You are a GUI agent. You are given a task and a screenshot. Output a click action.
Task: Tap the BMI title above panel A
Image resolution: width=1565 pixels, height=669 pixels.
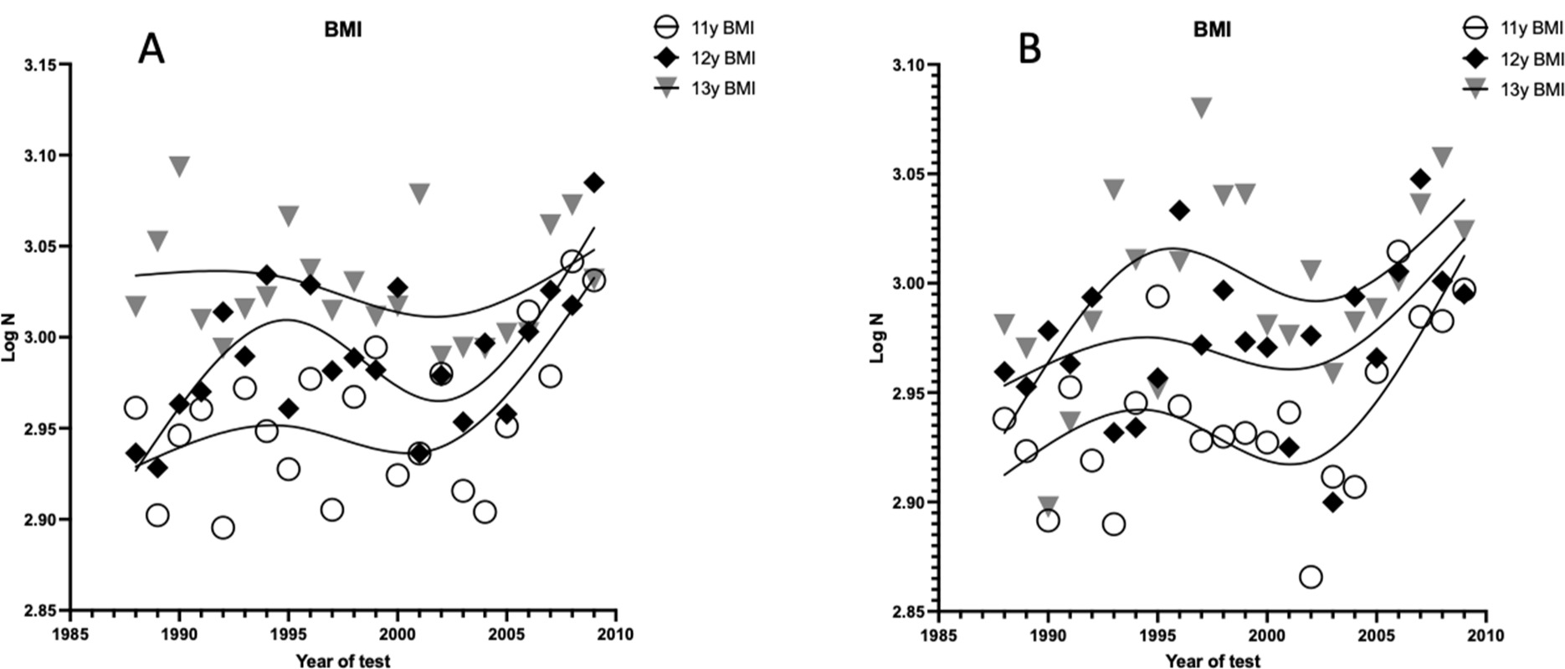click(343, 31)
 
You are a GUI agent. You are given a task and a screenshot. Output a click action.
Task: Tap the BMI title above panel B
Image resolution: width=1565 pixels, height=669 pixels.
click(1212, 31)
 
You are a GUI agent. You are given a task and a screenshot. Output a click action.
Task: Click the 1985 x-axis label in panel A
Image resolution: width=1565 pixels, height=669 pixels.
click(70, 635)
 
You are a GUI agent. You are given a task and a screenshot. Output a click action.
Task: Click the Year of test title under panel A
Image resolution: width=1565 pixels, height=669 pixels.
click(343, 661)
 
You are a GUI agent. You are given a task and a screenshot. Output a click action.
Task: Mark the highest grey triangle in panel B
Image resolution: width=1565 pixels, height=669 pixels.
click(1202, 107)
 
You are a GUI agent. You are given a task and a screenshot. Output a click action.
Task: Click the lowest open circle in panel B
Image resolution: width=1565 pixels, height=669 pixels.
click(1311, 577)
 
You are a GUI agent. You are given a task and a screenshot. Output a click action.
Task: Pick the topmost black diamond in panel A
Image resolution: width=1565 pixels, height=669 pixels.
click(594, 183)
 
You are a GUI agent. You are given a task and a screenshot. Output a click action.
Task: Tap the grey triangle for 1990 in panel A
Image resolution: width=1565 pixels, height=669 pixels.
click(179, 166)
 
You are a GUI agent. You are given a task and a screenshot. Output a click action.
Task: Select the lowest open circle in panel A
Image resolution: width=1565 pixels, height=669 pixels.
click(223, 527)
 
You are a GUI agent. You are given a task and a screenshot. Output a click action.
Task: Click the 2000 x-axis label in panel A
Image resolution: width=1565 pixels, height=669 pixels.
click(398, 635)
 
